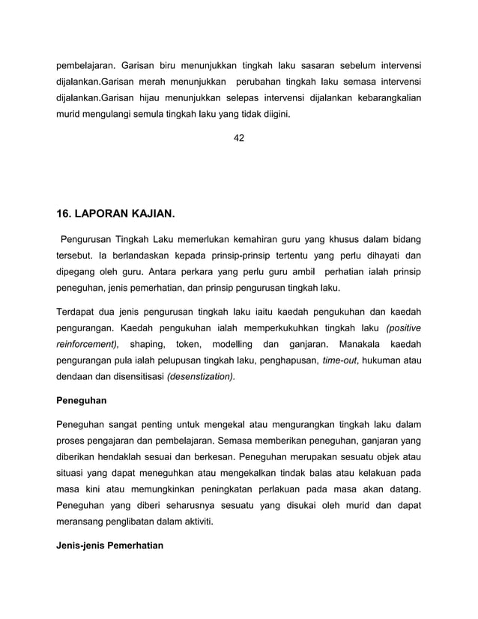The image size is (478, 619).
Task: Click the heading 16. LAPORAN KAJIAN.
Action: tap(116, 214)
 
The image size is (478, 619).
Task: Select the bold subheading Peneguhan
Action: tap(82, 401)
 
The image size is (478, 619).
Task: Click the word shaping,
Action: tap(147, 344)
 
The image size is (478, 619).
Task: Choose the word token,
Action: tap(189, 344)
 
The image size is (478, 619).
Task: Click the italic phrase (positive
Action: tap(403, 327)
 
